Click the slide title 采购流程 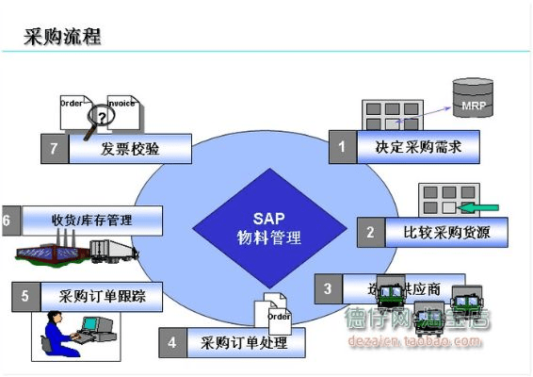pyautogui.click(x=62, y=37)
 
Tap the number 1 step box pyautogui.click(x=342, y=147)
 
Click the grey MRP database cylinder pyautogui.click(x=472, y=98)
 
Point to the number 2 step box pyautogui.click(x=370, y=232)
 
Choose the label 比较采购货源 pyautogui.click(x=443, y=232)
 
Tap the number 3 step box pyautogui.click(x=327, y=288)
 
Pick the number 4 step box pyautogui.click(x=172, y=342)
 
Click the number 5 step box pyautogui.click(x=26, y=296)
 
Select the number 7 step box pyautogui.click(x=55, y=149)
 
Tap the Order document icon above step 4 pyautogui.click(x=274, y=311)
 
